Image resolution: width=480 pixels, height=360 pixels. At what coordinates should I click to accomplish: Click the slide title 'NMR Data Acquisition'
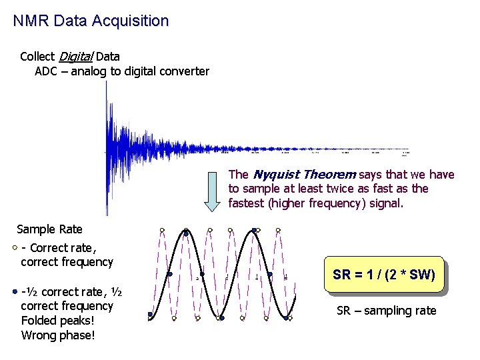91,21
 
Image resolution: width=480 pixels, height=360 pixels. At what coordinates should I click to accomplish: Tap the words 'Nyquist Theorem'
303,175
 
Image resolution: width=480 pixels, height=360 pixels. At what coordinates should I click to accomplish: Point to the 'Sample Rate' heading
49,229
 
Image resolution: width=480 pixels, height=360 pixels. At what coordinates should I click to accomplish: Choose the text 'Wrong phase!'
58,335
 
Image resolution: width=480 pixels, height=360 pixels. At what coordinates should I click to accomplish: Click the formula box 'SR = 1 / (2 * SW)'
383,274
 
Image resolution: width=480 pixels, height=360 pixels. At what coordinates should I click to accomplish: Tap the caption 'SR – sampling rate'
386,311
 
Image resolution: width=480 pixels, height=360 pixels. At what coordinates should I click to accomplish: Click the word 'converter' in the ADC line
184,71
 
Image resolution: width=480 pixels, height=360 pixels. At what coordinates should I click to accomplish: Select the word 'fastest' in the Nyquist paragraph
247,203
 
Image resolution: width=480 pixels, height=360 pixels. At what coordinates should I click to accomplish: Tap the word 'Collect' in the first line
37,57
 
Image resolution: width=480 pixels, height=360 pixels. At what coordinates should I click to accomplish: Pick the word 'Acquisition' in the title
131,21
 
